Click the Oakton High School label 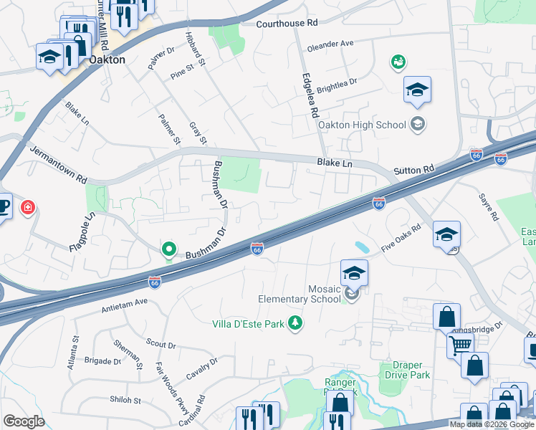point(370,125)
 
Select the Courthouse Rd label point(287,24)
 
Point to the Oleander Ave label point(330,44)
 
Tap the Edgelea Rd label point(309,95)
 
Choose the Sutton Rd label point(414,170)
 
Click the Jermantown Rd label point(58,165)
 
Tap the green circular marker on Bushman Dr point(169,249)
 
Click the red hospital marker point(28,209)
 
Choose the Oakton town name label point(106,60)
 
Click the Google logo point(24,421)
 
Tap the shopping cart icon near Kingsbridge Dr point(459,345)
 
